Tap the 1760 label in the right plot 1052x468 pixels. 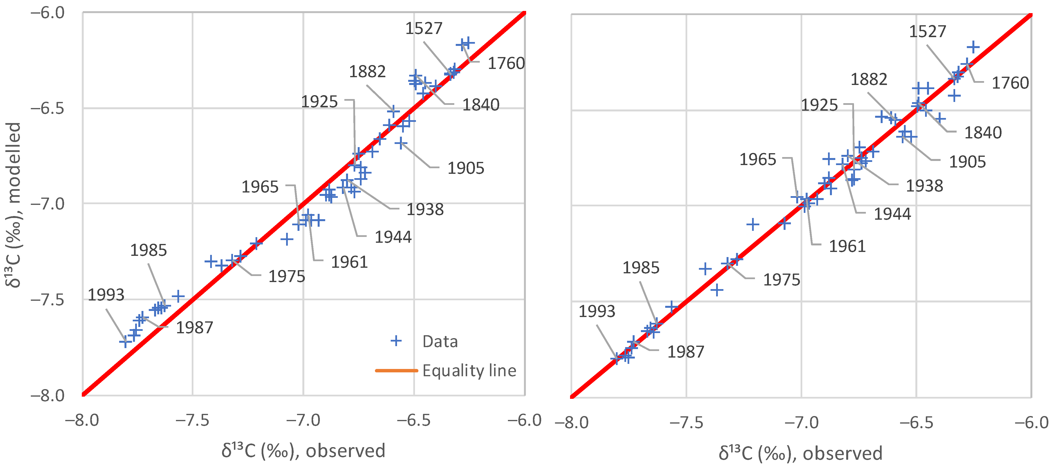(x=1010, y=83)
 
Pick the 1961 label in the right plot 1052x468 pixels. (x=847, y=246)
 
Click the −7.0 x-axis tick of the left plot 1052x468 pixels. (x=303, y=420)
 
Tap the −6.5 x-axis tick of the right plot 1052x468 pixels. (x=916, y=422)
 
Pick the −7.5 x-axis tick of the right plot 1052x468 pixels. (x=687, y=422)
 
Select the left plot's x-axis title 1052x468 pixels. (x=303, y=451)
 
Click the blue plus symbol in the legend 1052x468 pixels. (x=396, y=341)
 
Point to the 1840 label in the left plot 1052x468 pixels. (x=481, y=105)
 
